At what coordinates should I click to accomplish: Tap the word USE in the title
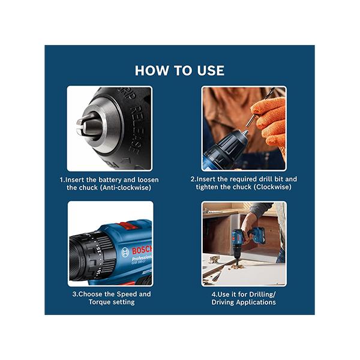pyautogui.click(x=209, y=70)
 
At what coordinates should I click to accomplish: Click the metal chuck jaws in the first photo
pyautogui.click(x=84, y=125)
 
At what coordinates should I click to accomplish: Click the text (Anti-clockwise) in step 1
pyautogui.click(x=125, y=187)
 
